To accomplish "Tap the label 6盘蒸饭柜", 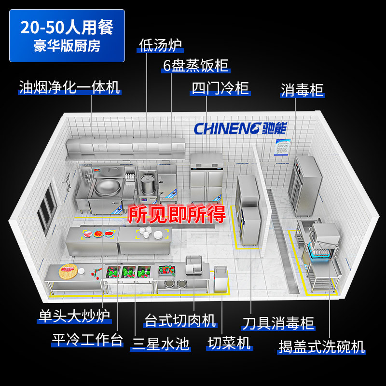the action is click(195, 66).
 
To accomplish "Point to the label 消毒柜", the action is click(303, 90).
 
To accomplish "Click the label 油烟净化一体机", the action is click(69, 87).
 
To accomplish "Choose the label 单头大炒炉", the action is click(74, 316).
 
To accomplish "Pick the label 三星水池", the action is click(161, 343).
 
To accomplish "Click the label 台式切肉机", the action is click(180, 320).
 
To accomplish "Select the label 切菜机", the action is click(229, 343).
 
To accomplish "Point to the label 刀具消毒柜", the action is click(278, 323).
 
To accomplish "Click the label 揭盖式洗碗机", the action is click(321, 346).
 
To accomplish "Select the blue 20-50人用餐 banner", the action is click(67, 35).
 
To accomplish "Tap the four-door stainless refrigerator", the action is click(206, 179).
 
